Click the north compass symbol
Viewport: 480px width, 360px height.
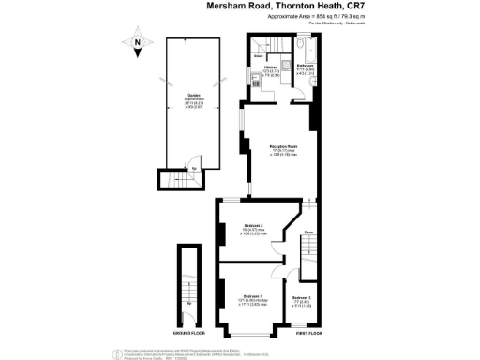pyautogui.click(x=137, y=42)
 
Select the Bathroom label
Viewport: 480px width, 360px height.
pyautogui.click(x=305, y=67)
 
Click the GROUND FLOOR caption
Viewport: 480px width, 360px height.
pyautogui.click(x=190, y=333)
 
